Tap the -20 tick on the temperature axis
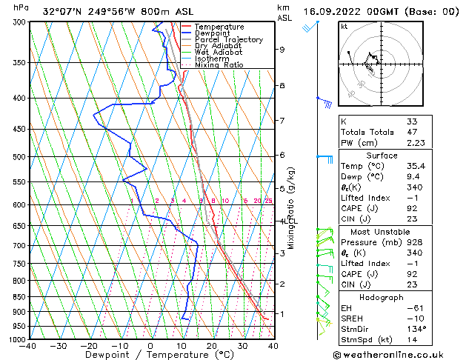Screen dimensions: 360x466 click(x=89, y=346)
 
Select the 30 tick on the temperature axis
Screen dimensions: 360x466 click(x=242, y=346)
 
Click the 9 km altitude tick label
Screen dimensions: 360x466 click(x=282, y=50)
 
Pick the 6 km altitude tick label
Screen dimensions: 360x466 click(x=282, y=155)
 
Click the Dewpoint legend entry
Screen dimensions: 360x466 click(x=216, y=33)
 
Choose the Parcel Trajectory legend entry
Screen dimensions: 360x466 click(x=228, y=40)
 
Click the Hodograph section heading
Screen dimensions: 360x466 click(x=382, y=297)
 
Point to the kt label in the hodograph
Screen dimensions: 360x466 click(x=344, y=27)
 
